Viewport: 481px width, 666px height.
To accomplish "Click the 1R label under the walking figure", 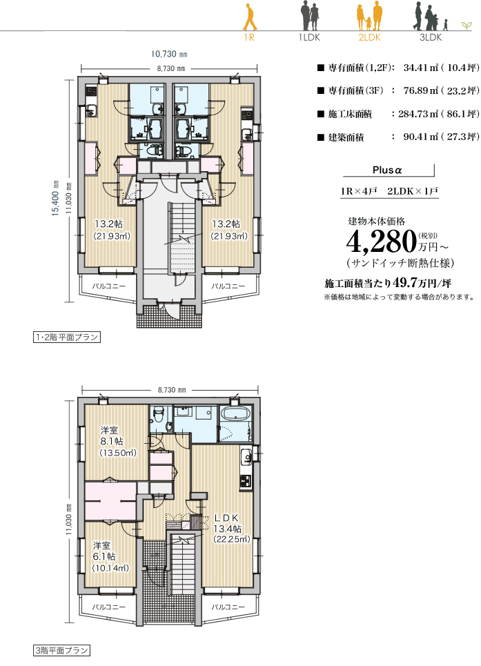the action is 248,37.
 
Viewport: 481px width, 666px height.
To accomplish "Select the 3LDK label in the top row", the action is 431,37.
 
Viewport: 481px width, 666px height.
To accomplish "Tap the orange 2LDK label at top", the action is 369,37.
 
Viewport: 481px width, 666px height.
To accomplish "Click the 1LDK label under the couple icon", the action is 309,37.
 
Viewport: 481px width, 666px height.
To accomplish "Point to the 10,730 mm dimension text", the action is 169,54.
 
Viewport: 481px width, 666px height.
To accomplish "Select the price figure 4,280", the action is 381,242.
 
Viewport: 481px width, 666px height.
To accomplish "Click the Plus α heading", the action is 386,170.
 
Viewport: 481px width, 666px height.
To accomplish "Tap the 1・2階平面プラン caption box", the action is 67,337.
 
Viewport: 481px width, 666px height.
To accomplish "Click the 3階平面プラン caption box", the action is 61,650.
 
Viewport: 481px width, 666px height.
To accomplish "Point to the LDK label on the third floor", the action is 227,518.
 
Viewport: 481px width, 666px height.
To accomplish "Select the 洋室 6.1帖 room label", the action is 110,556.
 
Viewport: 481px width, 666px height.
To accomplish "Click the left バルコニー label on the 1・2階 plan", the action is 109,286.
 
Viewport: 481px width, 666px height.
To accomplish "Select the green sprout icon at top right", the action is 467,26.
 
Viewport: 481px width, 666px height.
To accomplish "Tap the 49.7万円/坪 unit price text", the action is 422,283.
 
